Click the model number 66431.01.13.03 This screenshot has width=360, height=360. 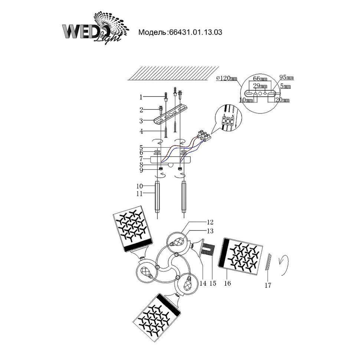[195, 32]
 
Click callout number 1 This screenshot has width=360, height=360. [141, 98]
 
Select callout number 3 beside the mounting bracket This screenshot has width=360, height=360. [141, 121]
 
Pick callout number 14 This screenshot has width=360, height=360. [203, 283]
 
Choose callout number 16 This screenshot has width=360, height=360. [228, 283]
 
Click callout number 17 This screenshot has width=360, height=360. [268, 285]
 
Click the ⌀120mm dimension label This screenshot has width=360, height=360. [226, 78]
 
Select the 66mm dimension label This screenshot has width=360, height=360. [260, 79]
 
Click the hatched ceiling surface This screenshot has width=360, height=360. [169, 73]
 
